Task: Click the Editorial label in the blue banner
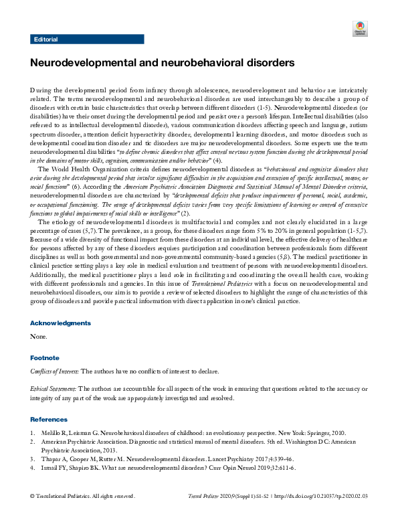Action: pyautogui.click(x=45, y=39)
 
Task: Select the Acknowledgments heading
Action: pyautogui.click(x=60, y=323)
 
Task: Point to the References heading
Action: pyautogui.click(x=49, y=419)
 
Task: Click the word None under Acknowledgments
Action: pyautogui.click(x=39, y=336)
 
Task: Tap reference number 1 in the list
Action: pyautogui.click(x=33, y=433)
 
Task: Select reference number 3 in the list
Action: pyautogui.click(x=33, y=459)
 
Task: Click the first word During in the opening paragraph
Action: pyautogui.click(x=41, y=90)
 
